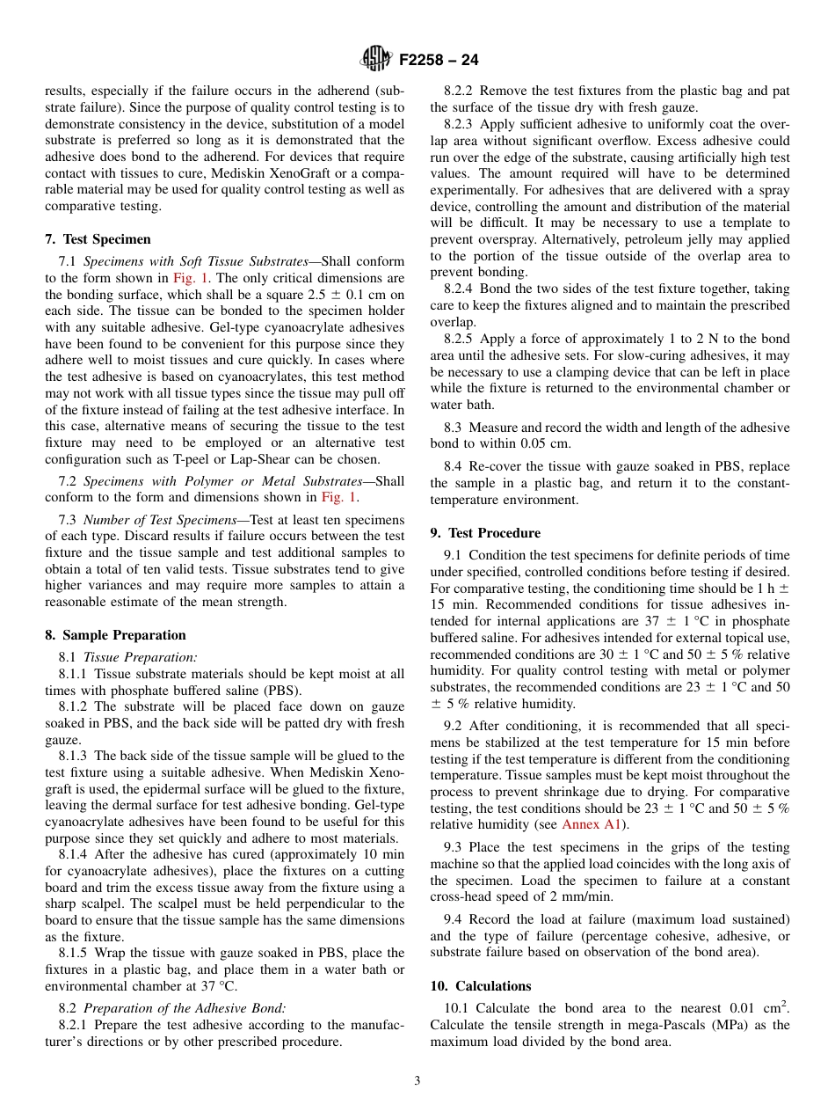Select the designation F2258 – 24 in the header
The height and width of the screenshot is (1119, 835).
click(439, 61)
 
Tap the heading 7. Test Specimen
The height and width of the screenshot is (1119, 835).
click(98, 239)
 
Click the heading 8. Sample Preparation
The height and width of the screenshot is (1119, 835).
click(115, 635)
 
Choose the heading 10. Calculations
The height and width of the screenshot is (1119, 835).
click(481, 986)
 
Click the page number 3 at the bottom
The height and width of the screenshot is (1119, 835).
click(417, 1081)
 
